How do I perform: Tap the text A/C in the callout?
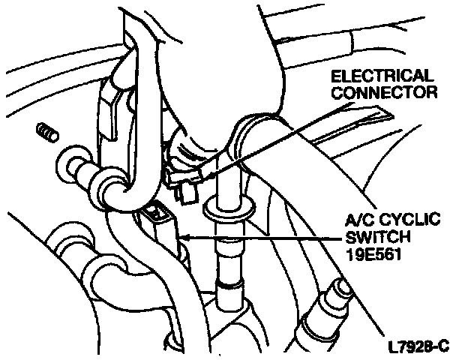tap(357, 221)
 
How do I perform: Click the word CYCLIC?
tap(403, 221)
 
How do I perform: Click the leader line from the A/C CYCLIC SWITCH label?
tap(262, 238)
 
